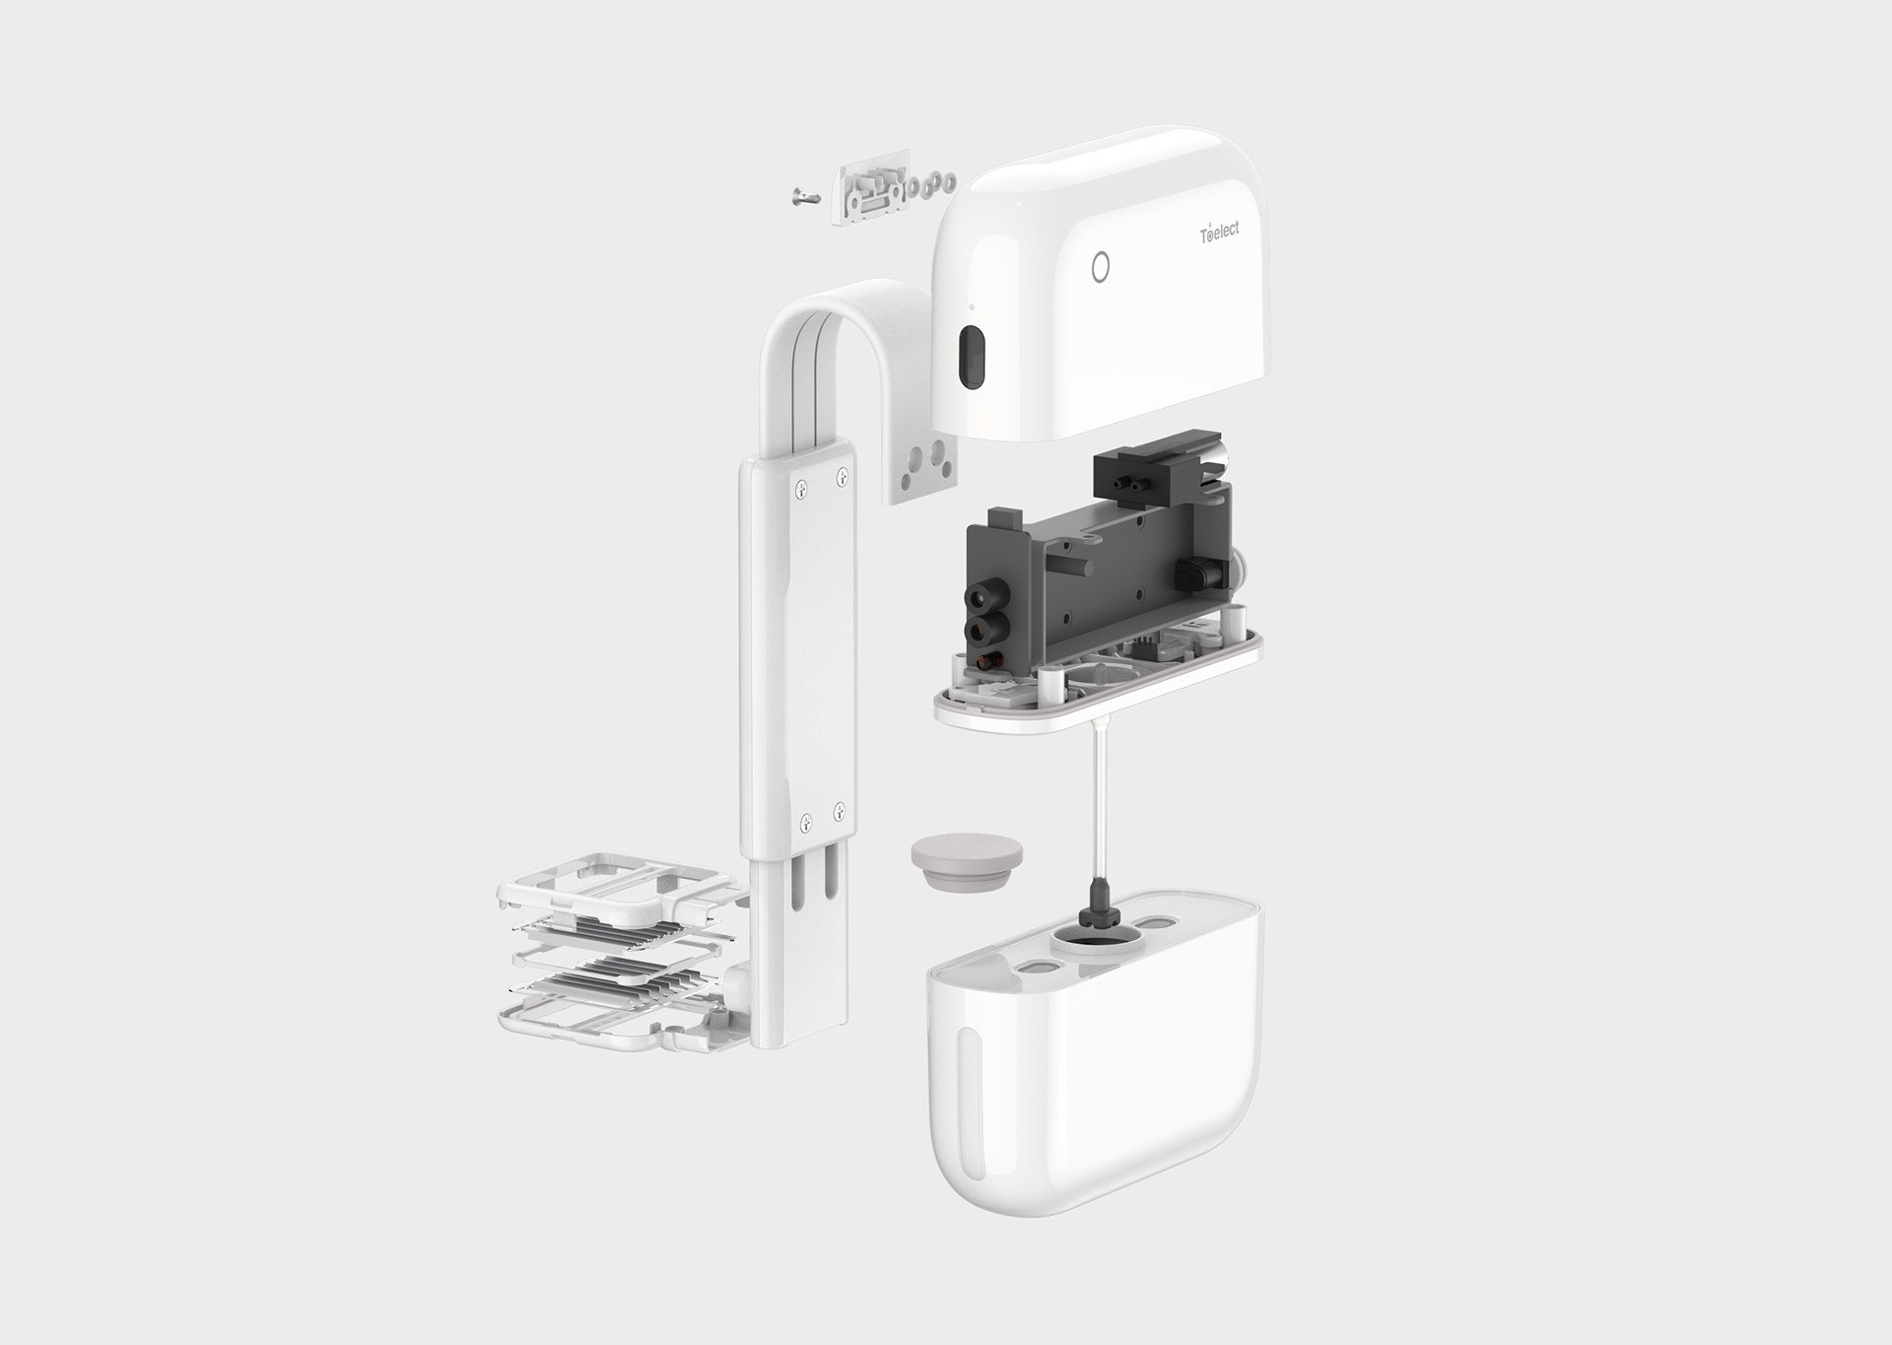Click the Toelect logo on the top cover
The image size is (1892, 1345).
[1219, 232]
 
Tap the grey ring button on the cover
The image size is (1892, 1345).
[1102, 267]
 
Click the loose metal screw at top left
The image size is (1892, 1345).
[805, 197]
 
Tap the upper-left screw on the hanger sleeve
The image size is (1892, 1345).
[803, 486]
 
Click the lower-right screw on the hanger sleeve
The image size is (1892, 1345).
[839, 812]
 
